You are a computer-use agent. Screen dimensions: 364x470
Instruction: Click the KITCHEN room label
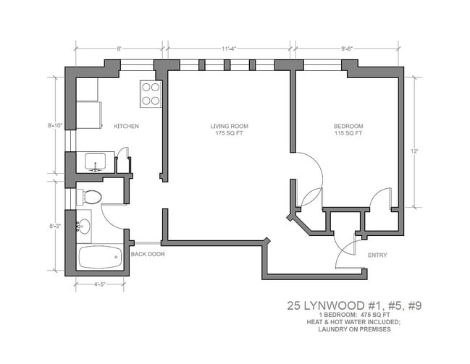(x=126, y=126)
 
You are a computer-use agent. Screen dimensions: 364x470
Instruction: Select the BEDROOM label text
(x=348, y=126)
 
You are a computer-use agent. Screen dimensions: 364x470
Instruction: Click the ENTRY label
(x=377, y=255)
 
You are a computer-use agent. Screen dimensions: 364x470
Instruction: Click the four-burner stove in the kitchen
(x=151, y=93)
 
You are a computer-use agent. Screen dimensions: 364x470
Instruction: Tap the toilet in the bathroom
(x=89, y=196)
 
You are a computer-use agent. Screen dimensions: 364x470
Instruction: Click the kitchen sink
(x=96, y=161)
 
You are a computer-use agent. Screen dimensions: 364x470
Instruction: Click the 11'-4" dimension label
(x=230, y=48)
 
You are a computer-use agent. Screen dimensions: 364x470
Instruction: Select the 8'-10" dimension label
(x=55, y=125)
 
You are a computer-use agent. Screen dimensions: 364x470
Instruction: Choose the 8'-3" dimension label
(x=55, y=226)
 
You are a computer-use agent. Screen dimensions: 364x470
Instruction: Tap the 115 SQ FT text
(x=348, y=134)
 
